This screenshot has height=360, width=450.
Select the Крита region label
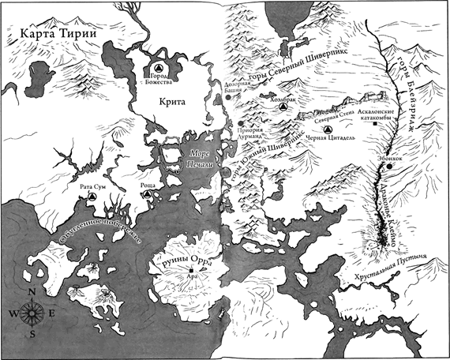(167, 101)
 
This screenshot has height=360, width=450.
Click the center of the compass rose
(30, 313)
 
